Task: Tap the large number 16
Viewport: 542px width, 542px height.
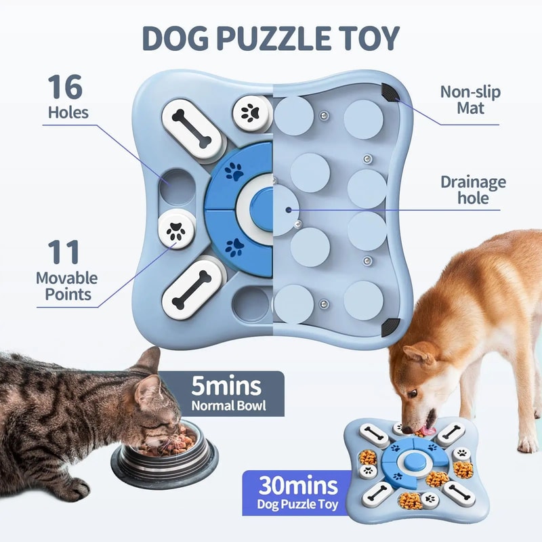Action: point(65,88)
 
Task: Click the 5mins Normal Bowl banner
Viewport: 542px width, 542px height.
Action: point(226,394)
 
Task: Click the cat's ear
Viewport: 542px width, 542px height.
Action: point(147,360)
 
